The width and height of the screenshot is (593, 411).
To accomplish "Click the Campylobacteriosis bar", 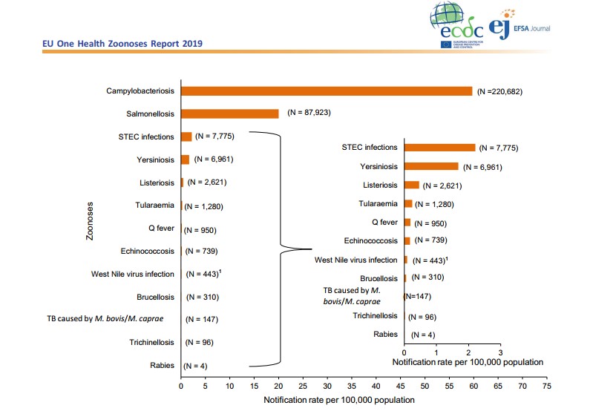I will click(327, 91).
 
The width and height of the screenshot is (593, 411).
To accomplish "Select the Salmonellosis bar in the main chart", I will click(230, 114).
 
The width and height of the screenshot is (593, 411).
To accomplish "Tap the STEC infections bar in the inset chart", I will click(439, 148).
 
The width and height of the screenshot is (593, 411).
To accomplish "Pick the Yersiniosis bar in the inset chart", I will click(431, 166).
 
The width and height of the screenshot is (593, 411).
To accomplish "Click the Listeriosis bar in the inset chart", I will click(412, 185).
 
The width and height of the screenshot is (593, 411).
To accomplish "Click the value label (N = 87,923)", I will click(310, 114).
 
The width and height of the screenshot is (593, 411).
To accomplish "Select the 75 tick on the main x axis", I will click(547, 386).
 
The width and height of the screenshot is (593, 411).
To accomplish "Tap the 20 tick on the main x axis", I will click(279, 386).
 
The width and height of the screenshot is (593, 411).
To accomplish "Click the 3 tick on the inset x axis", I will click(501, 352).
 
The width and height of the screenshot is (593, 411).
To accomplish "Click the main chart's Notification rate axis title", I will click(339, 400).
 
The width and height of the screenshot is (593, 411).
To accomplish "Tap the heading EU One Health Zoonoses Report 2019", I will click(122, 44).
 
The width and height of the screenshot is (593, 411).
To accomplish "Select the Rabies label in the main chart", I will click(162, 365).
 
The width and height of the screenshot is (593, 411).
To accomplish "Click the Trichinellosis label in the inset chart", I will click(375, 316).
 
